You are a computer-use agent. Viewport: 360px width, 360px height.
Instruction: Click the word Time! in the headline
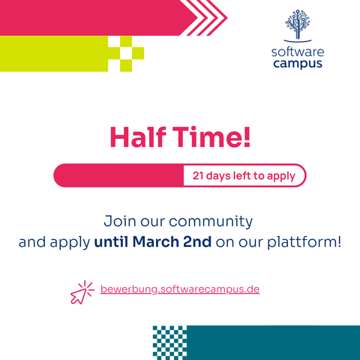tap(211, 136)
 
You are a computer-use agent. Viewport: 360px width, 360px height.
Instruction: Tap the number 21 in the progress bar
tap(197, 175)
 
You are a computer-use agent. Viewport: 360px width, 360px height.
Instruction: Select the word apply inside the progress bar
tap(281, 176)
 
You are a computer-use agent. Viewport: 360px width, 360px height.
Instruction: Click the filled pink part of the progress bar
tap(118, 175)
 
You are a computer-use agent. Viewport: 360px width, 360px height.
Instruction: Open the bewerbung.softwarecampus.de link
tap(180, 289)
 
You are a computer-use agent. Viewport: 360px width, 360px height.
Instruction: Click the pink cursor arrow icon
tap(82, 292)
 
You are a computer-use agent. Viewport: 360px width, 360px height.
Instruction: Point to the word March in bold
tap(155, 241)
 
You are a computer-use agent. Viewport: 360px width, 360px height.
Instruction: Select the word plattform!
tap(304, 242)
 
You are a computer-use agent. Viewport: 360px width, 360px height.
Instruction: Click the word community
tap(211, 222)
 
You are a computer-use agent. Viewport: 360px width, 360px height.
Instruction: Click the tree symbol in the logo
tap(298, 25)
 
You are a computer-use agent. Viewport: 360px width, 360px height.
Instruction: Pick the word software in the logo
tap(298, 52)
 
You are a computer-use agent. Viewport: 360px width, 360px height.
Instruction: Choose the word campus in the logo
tap(298, 64)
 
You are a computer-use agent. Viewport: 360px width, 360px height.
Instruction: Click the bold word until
tap(111, 241)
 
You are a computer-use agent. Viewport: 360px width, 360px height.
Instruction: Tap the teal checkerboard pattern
tap(169, 343)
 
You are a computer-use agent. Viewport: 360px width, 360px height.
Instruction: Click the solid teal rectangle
tap(273, 343)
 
